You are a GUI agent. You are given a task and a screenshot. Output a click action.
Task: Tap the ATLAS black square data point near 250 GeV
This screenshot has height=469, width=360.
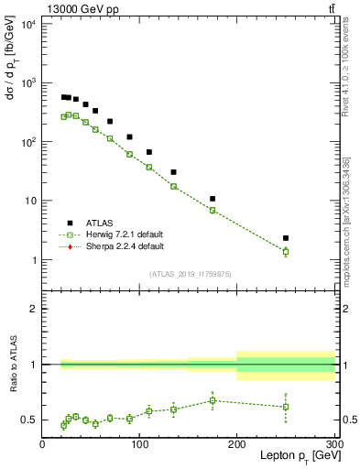286,238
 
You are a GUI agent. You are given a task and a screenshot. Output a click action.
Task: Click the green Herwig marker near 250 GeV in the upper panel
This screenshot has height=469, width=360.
286,251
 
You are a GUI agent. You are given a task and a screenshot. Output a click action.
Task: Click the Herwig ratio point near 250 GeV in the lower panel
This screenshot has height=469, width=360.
286,407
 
